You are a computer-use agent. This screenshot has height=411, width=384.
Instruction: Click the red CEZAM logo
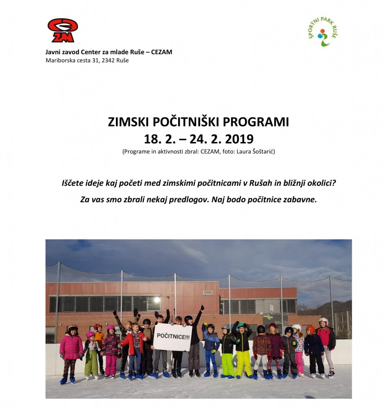coord(62,30)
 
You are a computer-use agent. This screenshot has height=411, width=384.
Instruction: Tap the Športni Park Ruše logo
coord(322,32)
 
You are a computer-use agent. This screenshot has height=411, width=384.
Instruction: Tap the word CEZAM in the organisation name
coord(161,52)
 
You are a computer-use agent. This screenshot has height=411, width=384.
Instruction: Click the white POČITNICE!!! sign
coord(172,337)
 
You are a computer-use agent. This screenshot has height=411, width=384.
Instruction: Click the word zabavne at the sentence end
coord(302,199)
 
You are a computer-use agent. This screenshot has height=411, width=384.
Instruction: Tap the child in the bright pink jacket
coord(71,348)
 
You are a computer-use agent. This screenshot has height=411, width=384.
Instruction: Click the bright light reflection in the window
coord(156,299)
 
